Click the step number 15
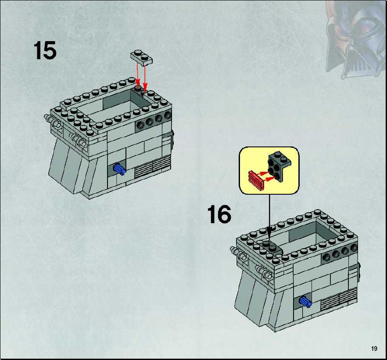point(45,50)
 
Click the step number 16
point(219,214)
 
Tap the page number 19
point(374,349)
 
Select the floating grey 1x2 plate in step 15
point(141,57)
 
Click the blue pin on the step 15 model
point(119,169)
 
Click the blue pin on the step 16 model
point(305,302)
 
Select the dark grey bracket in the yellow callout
point(279,166)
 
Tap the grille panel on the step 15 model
point(153,167)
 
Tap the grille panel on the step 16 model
point(339,299)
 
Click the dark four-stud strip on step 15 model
point(154,121)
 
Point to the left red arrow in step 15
point(137,75)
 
